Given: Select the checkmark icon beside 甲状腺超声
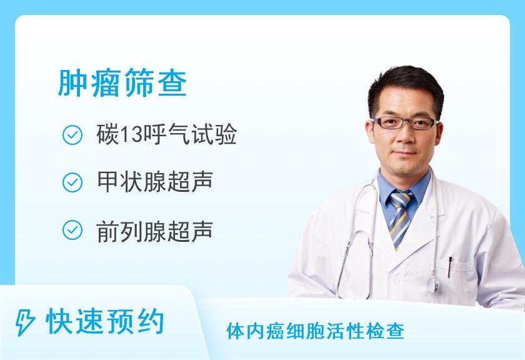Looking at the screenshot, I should [x=72, y=182].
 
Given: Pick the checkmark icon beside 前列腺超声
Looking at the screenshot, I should [x=72, y=231].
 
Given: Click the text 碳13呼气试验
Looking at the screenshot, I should [x=166, y=134].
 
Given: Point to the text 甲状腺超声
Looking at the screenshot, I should [x=154, y=182].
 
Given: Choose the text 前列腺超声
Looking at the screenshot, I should [x=154, y=231].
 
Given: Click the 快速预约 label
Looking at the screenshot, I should [x=105, y=323].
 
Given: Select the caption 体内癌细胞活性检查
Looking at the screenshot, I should [x=315, y=331].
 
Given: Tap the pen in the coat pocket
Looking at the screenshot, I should [x=451, y=266].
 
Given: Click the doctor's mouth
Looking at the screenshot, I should [x=405, y=153].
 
